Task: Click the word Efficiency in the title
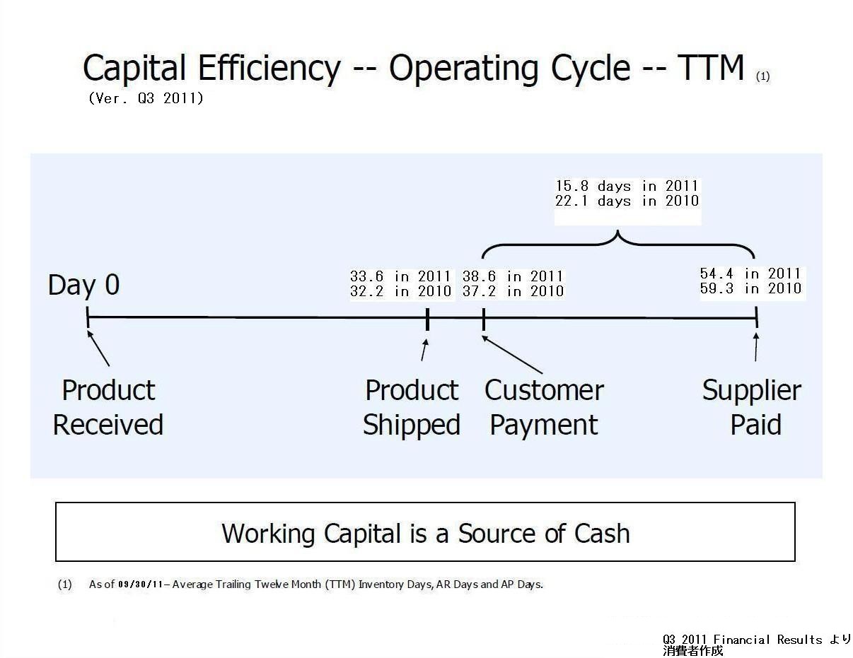[269, 69]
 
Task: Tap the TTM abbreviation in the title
[711, 67]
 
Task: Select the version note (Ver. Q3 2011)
[146, 98]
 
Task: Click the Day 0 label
[83, 285]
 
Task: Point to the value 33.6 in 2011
[400, 276]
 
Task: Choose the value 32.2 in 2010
[400, 291]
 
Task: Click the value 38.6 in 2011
[513, 276]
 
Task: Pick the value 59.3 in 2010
[750, 288]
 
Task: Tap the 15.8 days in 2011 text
[627, 186]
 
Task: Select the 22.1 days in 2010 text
[627, 201]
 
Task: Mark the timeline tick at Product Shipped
[427, 319]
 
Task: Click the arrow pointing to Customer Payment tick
[512, 355]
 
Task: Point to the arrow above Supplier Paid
[756, 346]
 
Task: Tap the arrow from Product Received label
[98, 348]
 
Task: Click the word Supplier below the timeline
[752, 392]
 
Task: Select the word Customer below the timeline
[544, 391]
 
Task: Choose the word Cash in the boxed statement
[602, 534]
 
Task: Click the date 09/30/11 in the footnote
[141, 584]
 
